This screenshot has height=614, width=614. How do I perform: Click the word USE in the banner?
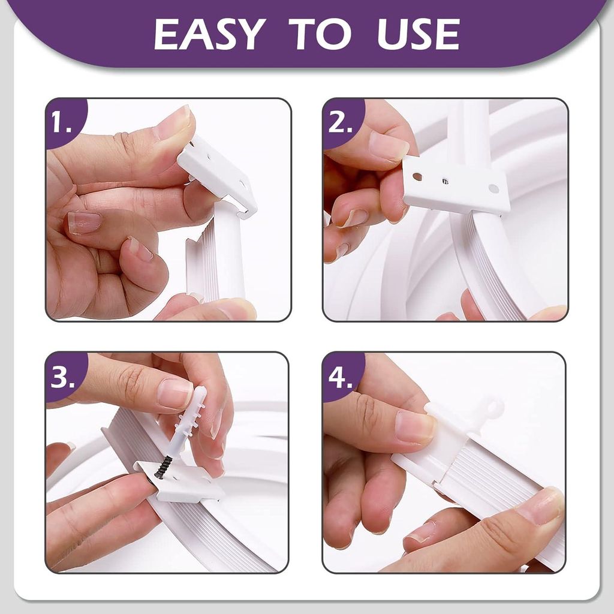(x=418, y=34)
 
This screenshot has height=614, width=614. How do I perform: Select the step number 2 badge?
(x=340, y=122)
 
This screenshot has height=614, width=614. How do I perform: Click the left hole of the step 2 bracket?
(x=417, y=177)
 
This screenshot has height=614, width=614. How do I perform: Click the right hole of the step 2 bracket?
(x=493, y=188)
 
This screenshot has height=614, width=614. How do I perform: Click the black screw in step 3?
(x=162, y=466)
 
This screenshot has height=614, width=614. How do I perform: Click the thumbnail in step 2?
(x=388, y=146)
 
